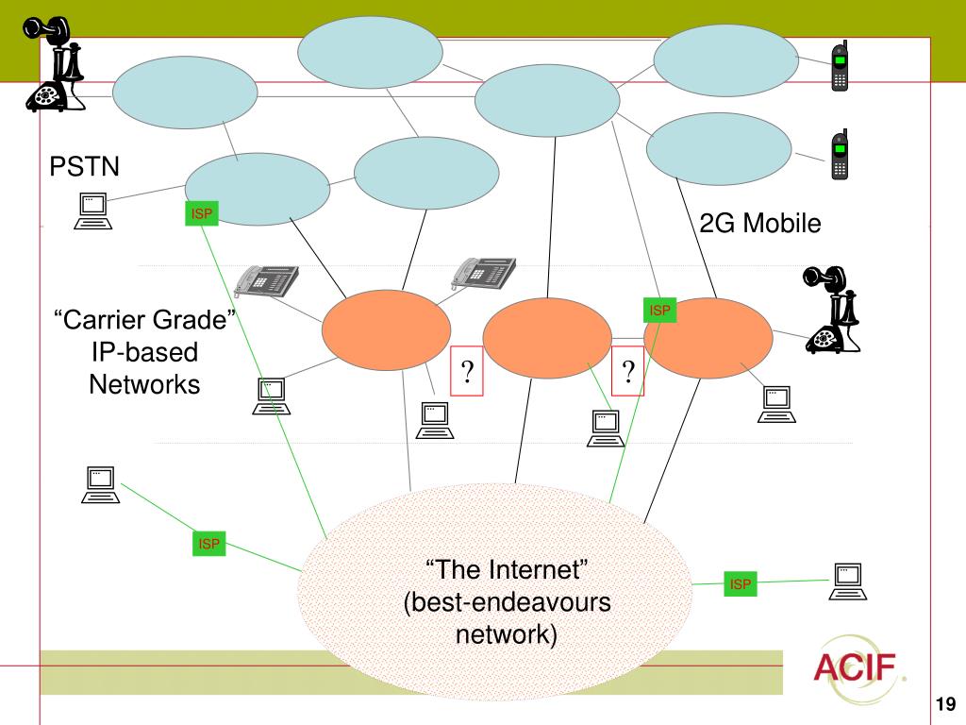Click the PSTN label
[85, 167]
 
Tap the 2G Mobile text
[759, 224]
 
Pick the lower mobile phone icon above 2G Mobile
[839, 155]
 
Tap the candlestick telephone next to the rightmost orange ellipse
[833, 310]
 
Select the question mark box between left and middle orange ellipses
[467, 372]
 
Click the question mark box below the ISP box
[628, 372]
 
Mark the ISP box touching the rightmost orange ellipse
[660, 310]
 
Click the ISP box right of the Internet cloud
[741, 584]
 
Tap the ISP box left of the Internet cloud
[208, 544]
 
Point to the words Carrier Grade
[145, 321]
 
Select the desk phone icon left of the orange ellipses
[266, 278]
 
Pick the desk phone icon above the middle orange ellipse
[484, 272]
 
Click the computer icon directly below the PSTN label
[92, 211]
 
